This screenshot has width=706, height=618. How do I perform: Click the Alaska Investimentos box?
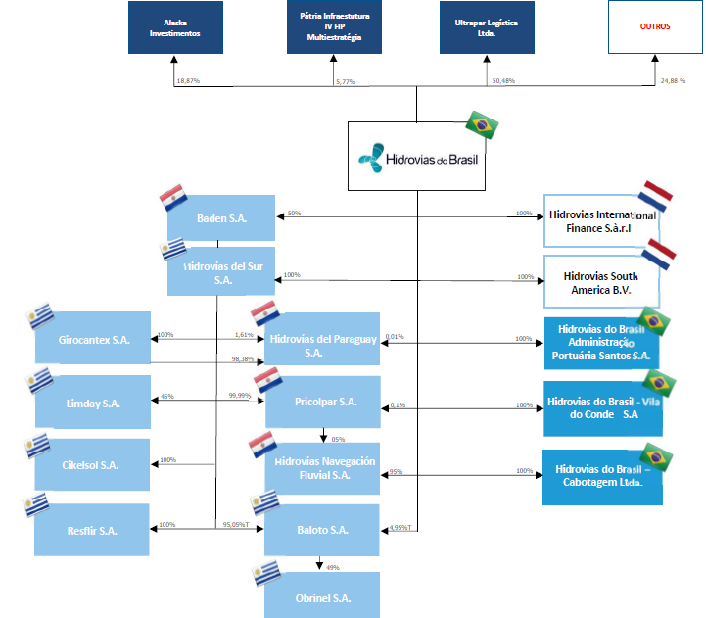[174, 27]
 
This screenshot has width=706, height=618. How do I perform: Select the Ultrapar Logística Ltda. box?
[487, 27]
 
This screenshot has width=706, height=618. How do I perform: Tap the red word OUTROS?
[655, 27]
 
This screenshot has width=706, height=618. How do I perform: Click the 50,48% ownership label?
[502, 80]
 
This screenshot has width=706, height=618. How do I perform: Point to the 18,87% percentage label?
[188, 80]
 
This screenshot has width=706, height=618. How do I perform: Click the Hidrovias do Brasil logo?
[417, 156]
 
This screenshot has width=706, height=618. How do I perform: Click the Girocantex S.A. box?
[93, 340]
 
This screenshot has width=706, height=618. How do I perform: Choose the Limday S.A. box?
[93, 403]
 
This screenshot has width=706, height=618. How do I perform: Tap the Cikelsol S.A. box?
[93, 464]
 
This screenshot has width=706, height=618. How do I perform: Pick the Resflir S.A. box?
[93, 530]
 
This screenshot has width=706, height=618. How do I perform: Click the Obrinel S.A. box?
[322, 597]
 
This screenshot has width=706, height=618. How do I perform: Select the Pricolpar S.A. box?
[324, 402]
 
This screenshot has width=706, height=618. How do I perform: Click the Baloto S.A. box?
[322, 530]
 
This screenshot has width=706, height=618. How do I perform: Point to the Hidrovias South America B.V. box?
[603, 283]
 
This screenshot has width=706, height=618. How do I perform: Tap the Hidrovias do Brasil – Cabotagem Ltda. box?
[602, 476]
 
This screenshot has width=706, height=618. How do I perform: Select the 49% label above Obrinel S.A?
[332, 567]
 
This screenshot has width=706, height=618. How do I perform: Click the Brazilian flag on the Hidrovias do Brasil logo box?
[482, 124]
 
